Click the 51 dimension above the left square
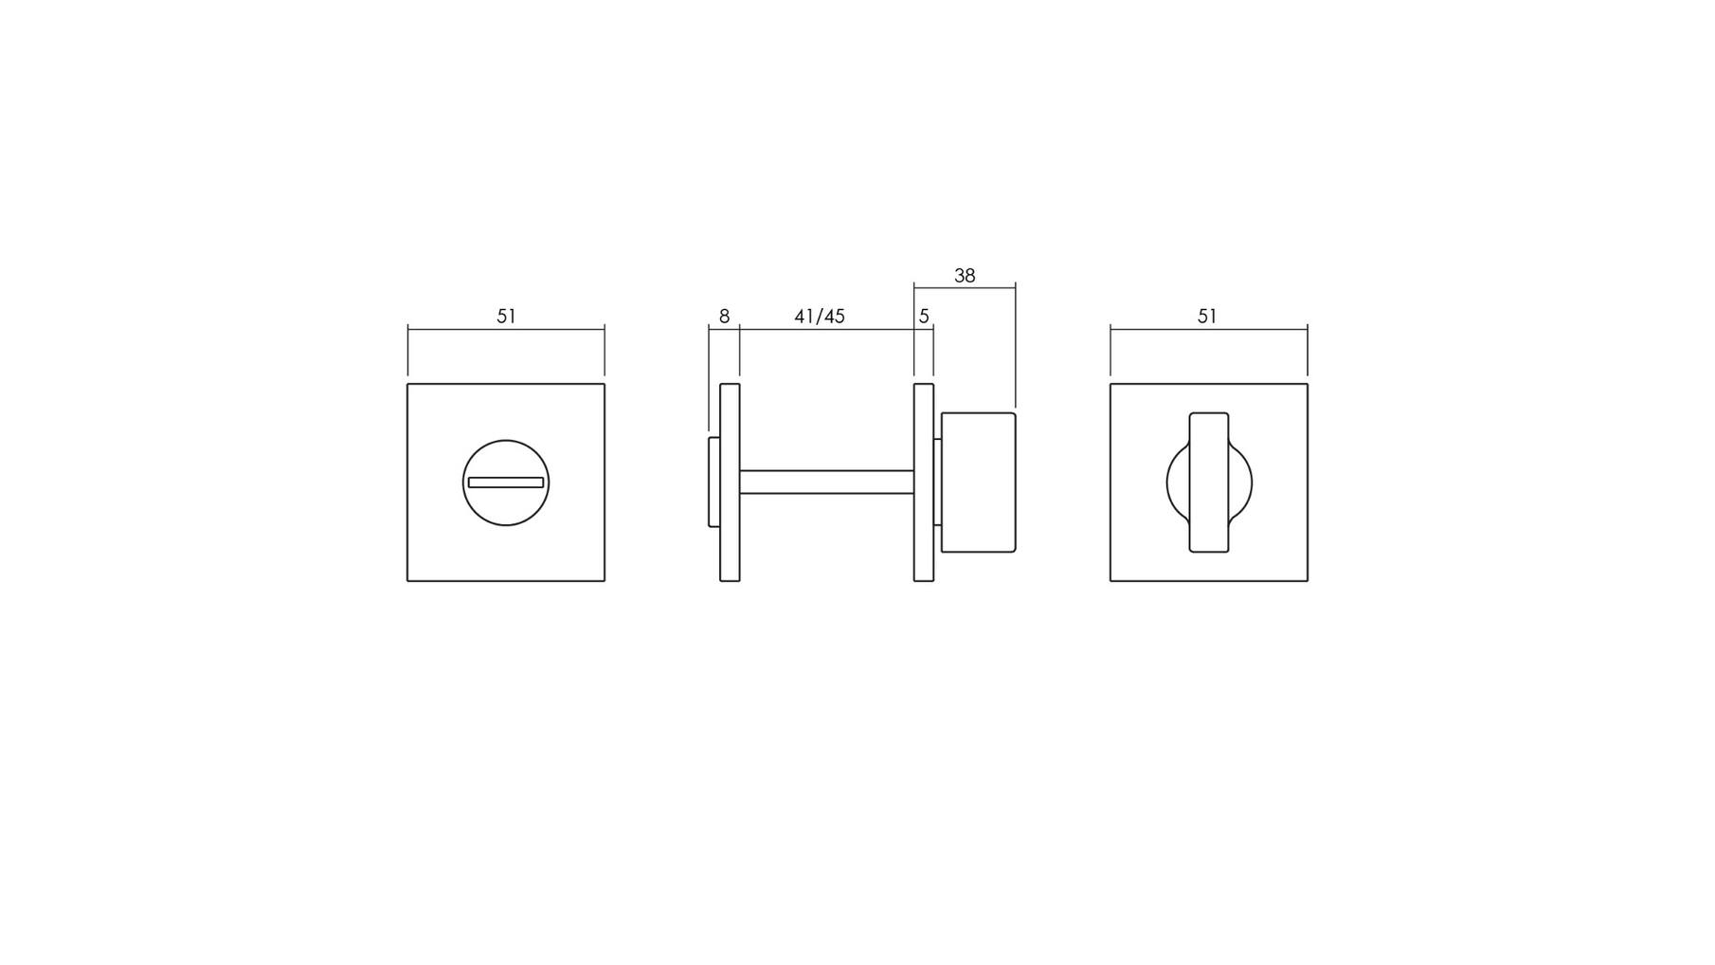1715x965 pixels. tap(506, 317)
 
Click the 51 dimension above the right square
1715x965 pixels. tap(1207, 317)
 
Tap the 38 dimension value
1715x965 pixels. tap(965, 276)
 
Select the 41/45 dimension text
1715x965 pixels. tap(820, 317)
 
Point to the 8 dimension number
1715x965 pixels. tap(725, 317)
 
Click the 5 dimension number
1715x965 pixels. tap(924, 317)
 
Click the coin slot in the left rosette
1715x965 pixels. tap(506, 482)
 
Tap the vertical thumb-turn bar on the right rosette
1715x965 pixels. tap(1209, 482)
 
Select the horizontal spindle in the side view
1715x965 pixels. tap(826, 482)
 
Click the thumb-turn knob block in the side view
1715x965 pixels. tap(979, 482)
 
